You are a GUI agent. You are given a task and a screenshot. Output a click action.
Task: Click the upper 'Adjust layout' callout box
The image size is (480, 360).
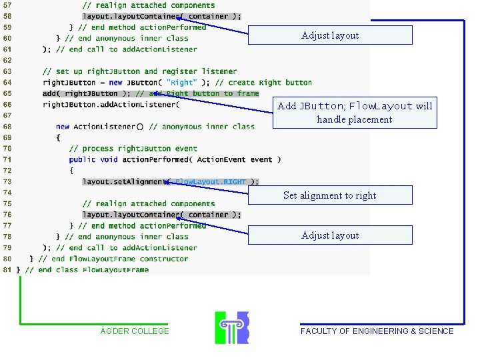[330, 35]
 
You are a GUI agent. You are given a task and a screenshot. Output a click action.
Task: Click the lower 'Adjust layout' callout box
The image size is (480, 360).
[330, 235]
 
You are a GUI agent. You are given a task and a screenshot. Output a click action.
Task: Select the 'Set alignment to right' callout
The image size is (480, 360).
[329, 195]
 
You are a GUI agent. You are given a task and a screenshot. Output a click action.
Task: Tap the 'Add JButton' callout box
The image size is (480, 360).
[355, 113]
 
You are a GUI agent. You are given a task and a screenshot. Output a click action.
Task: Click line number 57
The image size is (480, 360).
[7, 5]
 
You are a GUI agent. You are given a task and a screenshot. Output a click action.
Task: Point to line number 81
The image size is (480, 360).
[7, 269]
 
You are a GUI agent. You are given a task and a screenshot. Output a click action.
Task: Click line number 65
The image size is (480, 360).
[7, 93]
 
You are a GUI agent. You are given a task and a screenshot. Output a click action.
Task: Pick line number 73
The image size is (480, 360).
[7, 181]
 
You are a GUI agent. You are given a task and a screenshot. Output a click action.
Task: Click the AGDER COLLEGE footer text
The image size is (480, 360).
[135, 331]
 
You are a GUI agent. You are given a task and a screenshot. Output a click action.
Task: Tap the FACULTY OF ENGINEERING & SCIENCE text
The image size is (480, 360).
[377, 331]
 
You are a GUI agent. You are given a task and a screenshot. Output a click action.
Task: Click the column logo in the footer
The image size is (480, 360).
[231, 327]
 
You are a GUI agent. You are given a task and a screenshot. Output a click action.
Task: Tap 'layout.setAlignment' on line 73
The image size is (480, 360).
[123, 181]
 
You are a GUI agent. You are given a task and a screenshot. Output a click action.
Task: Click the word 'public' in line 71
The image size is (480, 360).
[82, 159]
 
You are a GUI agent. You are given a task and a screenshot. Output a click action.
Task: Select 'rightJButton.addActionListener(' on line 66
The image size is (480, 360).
[111, 105]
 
